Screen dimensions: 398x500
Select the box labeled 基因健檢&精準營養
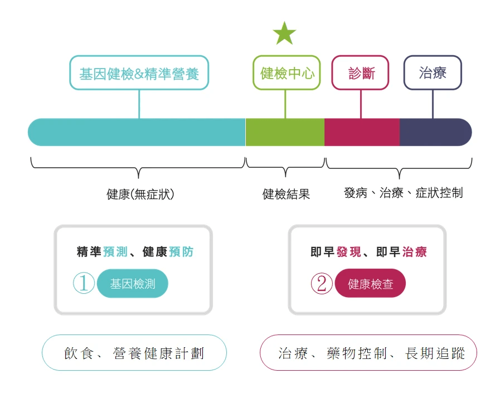point(139,72)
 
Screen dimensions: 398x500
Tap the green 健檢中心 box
point(287,72)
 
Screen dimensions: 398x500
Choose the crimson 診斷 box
point(360,72)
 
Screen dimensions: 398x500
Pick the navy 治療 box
point(433,72)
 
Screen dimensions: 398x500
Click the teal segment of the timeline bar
point(137,132)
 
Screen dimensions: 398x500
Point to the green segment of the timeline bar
point(285,132)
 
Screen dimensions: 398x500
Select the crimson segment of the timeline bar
point(362,132)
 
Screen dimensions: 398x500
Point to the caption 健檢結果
point(286,194)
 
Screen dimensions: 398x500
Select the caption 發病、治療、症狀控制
point(403,193)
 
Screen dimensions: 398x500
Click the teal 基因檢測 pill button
point(132,284)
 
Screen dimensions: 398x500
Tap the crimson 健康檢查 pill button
point(370,284)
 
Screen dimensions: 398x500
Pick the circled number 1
point(84,284)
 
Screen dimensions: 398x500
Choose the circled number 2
point(321,284)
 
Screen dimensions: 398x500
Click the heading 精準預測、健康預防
point(135,252)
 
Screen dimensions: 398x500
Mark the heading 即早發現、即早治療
point(368,252)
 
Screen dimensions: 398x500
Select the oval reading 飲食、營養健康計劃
point(134,353)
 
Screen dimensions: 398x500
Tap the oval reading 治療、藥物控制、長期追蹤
point(368,353)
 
